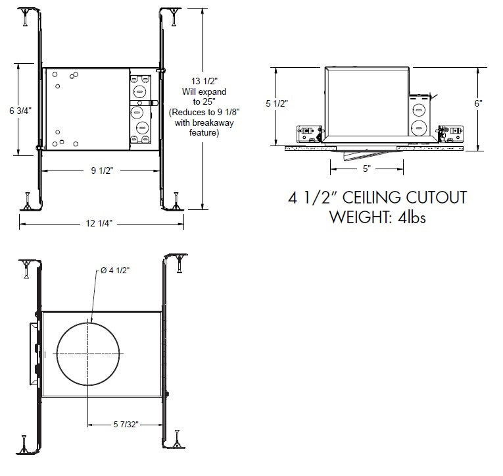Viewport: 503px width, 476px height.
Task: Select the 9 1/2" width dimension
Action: click(x=102, y=171)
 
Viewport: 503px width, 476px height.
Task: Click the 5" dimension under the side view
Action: click(x=366, y=169)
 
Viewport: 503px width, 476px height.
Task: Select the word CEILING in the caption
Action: click(x=376, y=198)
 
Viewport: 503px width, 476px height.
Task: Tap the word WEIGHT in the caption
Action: click(x=360, y=217)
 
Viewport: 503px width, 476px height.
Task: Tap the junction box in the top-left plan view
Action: click(x=139, y=109)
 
